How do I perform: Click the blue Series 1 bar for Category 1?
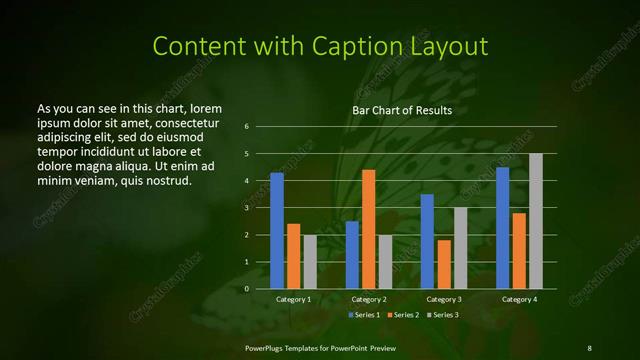277,231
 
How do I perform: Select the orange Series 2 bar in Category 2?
369,229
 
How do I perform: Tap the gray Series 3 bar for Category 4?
536,221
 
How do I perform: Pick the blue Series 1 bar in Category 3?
427,241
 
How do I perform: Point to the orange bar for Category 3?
444,264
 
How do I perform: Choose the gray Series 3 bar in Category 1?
310,262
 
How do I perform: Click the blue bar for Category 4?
502,228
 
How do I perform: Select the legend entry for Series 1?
362,316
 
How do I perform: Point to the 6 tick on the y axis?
246,127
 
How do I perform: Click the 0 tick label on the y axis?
246,289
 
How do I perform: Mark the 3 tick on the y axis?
246,208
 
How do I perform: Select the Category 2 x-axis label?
369,300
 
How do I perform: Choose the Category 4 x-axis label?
519,300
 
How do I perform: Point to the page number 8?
589,347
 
